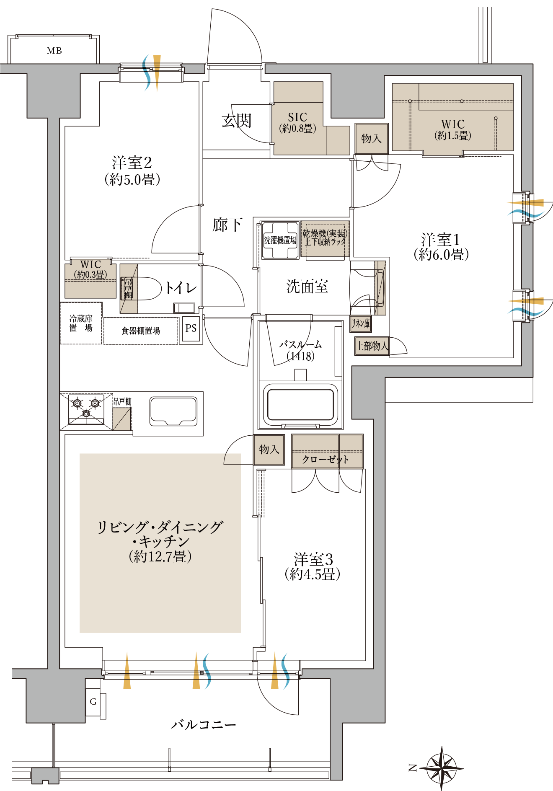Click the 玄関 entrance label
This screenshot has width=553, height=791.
click(237, 121)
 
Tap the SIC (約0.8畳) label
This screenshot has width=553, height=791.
click(297, 123)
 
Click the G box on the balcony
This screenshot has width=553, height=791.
click(93, 701)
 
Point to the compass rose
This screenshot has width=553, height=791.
click(442, 768)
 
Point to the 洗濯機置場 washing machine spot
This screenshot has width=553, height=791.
click(280, 240)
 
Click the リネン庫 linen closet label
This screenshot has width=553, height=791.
click(360, 323)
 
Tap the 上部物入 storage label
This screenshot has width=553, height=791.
click(372, 346)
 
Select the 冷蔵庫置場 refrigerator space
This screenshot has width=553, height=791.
click(81, 323)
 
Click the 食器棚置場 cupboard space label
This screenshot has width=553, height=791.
click(141, 331)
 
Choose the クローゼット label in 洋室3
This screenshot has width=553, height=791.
click(326, 459)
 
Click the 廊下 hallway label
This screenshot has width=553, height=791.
click(227, 225)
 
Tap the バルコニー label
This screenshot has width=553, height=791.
click(203, 724)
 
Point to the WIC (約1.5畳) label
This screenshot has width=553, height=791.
click(452, 129)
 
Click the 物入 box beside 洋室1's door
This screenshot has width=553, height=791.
click(371, 138)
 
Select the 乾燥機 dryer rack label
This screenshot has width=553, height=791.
click(325, 238)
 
